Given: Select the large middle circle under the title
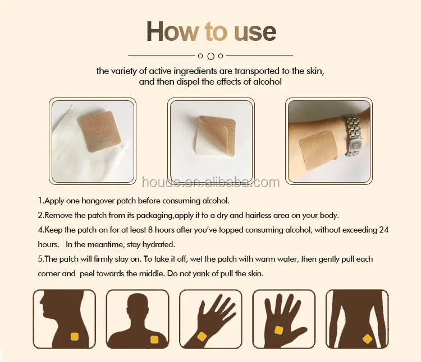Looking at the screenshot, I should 210,56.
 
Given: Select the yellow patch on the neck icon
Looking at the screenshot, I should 74,336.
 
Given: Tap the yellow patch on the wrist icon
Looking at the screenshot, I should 202,337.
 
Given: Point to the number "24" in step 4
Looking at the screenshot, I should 383,230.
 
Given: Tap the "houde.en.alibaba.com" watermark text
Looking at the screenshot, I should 210,183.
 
